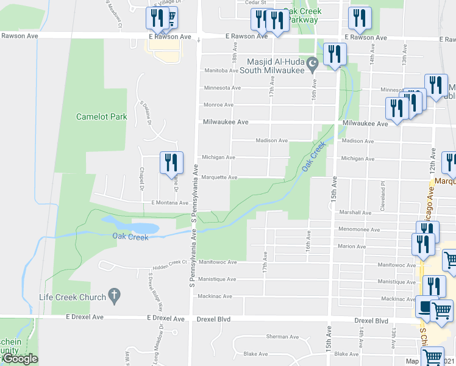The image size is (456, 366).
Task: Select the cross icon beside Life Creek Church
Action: click(113, 296)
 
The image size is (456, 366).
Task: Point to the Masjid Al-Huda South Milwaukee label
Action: click(276, 66)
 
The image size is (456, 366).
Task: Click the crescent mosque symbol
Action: click(313, 62)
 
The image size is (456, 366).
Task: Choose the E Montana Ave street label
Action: click(170, 203)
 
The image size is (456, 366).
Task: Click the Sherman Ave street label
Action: click(280, 337)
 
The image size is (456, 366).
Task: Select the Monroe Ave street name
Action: click(218, 105)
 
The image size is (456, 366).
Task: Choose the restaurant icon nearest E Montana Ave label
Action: click(171, 162)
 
